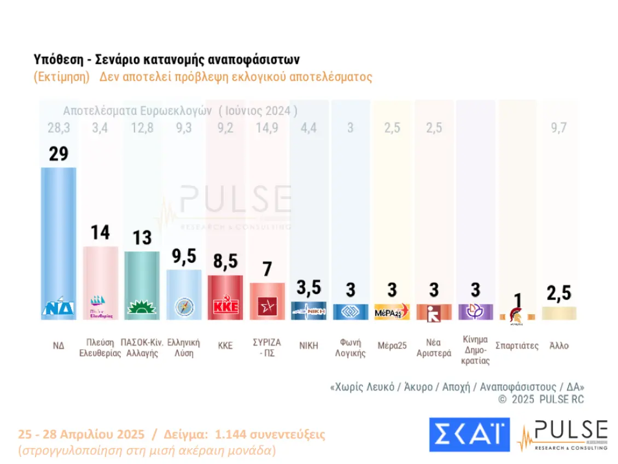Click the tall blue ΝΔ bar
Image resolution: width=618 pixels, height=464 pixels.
coord(59,235)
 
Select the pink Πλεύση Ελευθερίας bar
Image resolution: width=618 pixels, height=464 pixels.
coord(101,279)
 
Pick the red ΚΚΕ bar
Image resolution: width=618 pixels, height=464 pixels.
coord(225,292)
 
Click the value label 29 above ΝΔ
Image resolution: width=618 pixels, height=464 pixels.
coord(59,154)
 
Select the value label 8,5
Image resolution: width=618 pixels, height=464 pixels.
coord(225,262)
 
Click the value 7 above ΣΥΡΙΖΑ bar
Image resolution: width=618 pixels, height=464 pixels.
coord(267,269)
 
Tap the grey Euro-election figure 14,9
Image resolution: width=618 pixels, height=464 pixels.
coord(267,128)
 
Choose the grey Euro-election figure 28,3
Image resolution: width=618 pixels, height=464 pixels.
coord(59,128)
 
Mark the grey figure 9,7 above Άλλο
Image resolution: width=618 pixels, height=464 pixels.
coord(558,128)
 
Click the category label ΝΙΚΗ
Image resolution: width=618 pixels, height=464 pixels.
coord(308,345)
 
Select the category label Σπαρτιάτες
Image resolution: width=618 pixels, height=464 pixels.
coord(517,345)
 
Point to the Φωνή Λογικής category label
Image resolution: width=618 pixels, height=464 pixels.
coord(350,348)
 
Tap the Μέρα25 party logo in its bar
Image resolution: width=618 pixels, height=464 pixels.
coord(392,312)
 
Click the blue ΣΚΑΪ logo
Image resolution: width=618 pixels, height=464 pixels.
coord(469,434)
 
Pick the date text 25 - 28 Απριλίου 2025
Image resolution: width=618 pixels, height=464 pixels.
coord(81,435)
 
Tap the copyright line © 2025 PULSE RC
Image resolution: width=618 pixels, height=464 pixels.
coord(541,400)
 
